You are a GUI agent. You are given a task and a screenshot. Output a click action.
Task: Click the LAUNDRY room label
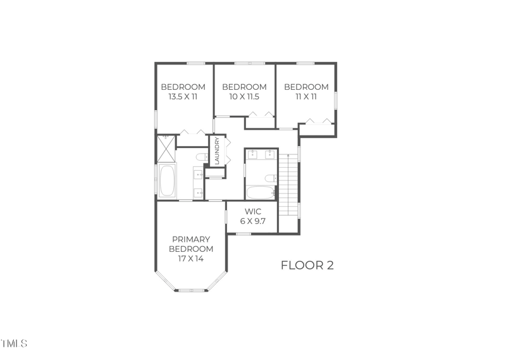point(217,151)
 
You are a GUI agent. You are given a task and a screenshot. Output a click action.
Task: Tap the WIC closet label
point(252,211)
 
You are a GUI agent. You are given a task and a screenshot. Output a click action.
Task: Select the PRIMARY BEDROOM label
point(191,244)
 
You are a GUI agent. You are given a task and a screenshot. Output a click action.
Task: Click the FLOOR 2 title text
point(307,265)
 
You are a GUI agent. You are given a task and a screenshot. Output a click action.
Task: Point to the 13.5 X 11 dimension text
point(183,97)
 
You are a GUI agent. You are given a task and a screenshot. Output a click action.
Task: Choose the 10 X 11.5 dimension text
point(244,97)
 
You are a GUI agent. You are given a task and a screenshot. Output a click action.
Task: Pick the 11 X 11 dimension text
point(306,97)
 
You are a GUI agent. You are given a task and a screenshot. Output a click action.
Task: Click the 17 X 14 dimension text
point(191,258)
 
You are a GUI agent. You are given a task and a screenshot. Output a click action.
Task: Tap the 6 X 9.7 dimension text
point(252,221)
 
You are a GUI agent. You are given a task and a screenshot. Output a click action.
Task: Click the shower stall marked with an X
point(166,149)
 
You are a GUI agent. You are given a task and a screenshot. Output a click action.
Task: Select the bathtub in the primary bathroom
point(167,182)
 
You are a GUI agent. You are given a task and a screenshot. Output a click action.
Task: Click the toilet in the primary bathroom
point(201,156)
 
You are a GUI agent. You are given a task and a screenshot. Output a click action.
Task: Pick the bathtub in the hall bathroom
point(260,192)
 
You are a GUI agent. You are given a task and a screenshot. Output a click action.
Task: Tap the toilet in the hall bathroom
point(270,178)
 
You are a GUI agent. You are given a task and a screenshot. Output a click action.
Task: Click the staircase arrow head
point(289,154)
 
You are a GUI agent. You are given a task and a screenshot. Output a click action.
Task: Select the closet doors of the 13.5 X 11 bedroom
point(192,132)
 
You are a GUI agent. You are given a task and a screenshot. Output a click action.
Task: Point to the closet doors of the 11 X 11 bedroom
point(318,121)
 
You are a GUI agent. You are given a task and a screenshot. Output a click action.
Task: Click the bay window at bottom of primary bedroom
point(191,290)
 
